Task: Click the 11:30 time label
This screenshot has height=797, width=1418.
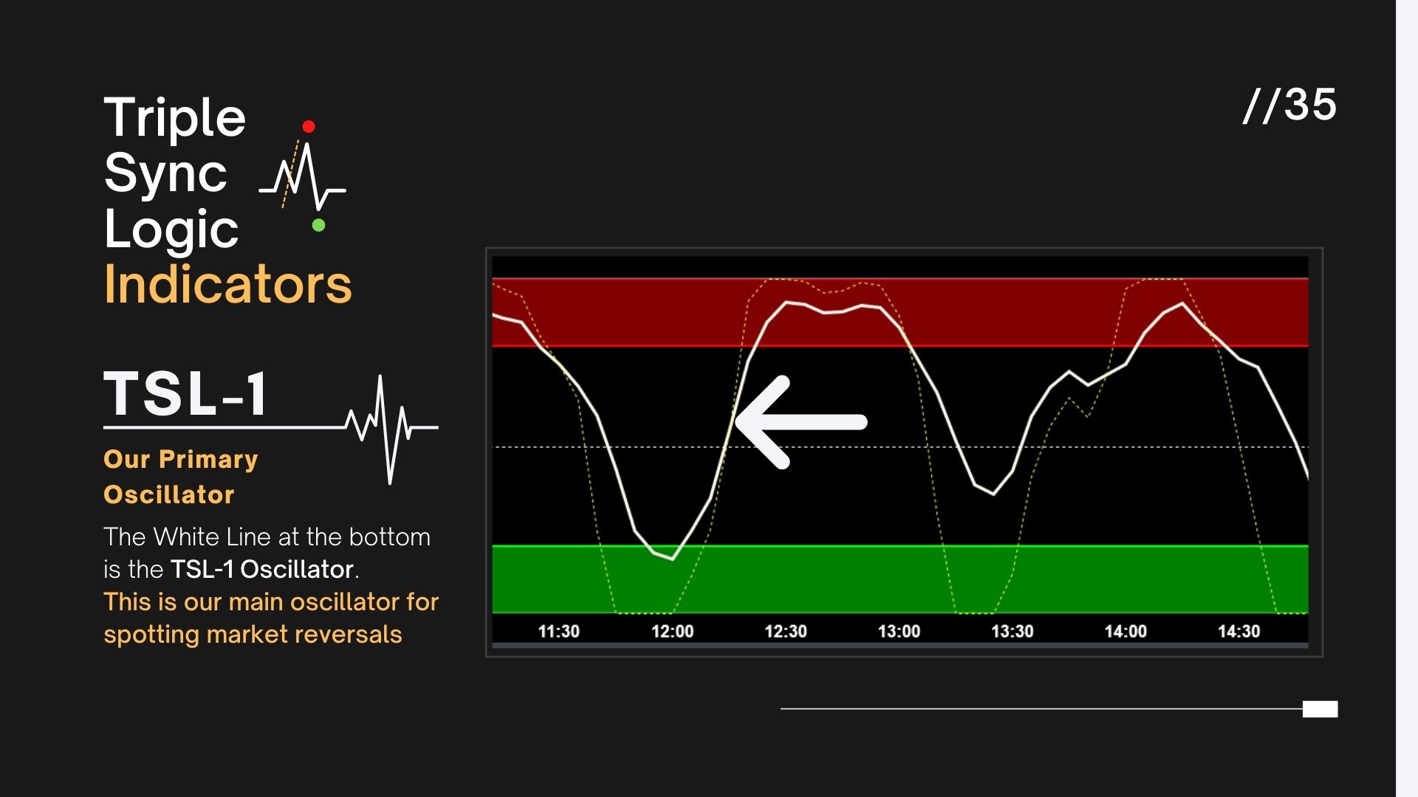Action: [558, 632]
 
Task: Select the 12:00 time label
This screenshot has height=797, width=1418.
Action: [672, 632]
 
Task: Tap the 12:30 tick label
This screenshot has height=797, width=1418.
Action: [785, 632]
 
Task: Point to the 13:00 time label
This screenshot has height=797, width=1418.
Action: [899, 632]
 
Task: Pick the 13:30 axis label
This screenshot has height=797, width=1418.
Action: [1012, 632]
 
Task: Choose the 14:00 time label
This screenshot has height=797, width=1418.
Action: [1126, 632]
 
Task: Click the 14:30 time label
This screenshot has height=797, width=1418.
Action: [1239, 632]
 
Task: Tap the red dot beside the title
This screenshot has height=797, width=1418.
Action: [309, 127]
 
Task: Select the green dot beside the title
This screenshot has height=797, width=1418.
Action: [318, 225]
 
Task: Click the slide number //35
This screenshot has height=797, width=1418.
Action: [1289, 105]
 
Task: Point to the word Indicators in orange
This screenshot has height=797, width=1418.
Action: [227, 285]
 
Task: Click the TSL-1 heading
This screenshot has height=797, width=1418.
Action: [186, 394]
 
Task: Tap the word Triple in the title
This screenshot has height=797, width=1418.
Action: [174, 118]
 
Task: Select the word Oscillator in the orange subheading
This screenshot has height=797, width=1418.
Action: [168, 494]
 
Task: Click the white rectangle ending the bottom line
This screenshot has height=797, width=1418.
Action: [1320, 709]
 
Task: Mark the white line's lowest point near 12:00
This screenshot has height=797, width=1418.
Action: [672, 559]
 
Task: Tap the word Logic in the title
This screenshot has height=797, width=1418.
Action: [171, 229]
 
